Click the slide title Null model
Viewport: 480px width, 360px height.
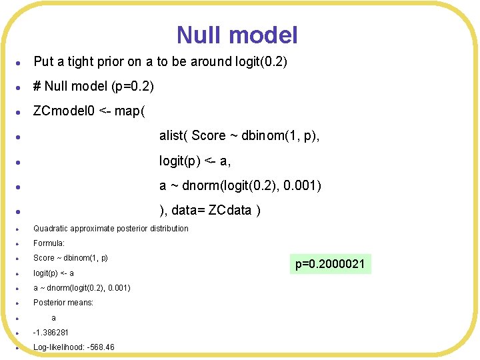pos(237,35)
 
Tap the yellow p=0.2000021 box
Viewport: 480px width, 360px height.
pos(330,265)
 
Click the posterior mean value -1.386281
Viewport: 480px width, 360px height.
pos(51,332)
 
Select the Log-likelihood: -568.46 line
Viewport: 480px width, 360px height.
pos(74,347)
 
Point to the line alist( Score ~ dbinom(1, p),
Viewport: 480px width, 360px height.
pos(239,135)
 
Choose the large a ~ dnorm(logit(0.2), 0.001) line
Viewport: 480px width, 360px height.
pos(240,185)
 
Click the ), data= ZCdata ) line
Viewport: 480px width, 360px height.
pos(209,211)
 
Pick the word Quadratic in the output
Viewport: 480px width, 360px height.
pos(51,229)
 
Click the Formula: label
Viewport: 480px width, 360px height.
pos(49,243)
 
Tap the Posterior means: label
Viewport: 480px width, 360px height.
pos(63,302)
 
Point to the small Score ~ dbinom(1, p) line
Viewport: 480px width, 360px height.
pos(71,258)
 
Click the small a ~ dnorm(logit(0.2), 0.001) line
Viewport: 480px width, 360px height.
pos(82,287)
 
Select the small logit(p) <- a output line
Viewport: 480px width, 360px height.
pos(53,273)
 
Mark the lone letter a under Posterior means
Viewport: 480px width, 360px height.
pos(54,317)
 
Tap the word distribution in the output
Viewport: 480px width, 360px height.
pos(169,229)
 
